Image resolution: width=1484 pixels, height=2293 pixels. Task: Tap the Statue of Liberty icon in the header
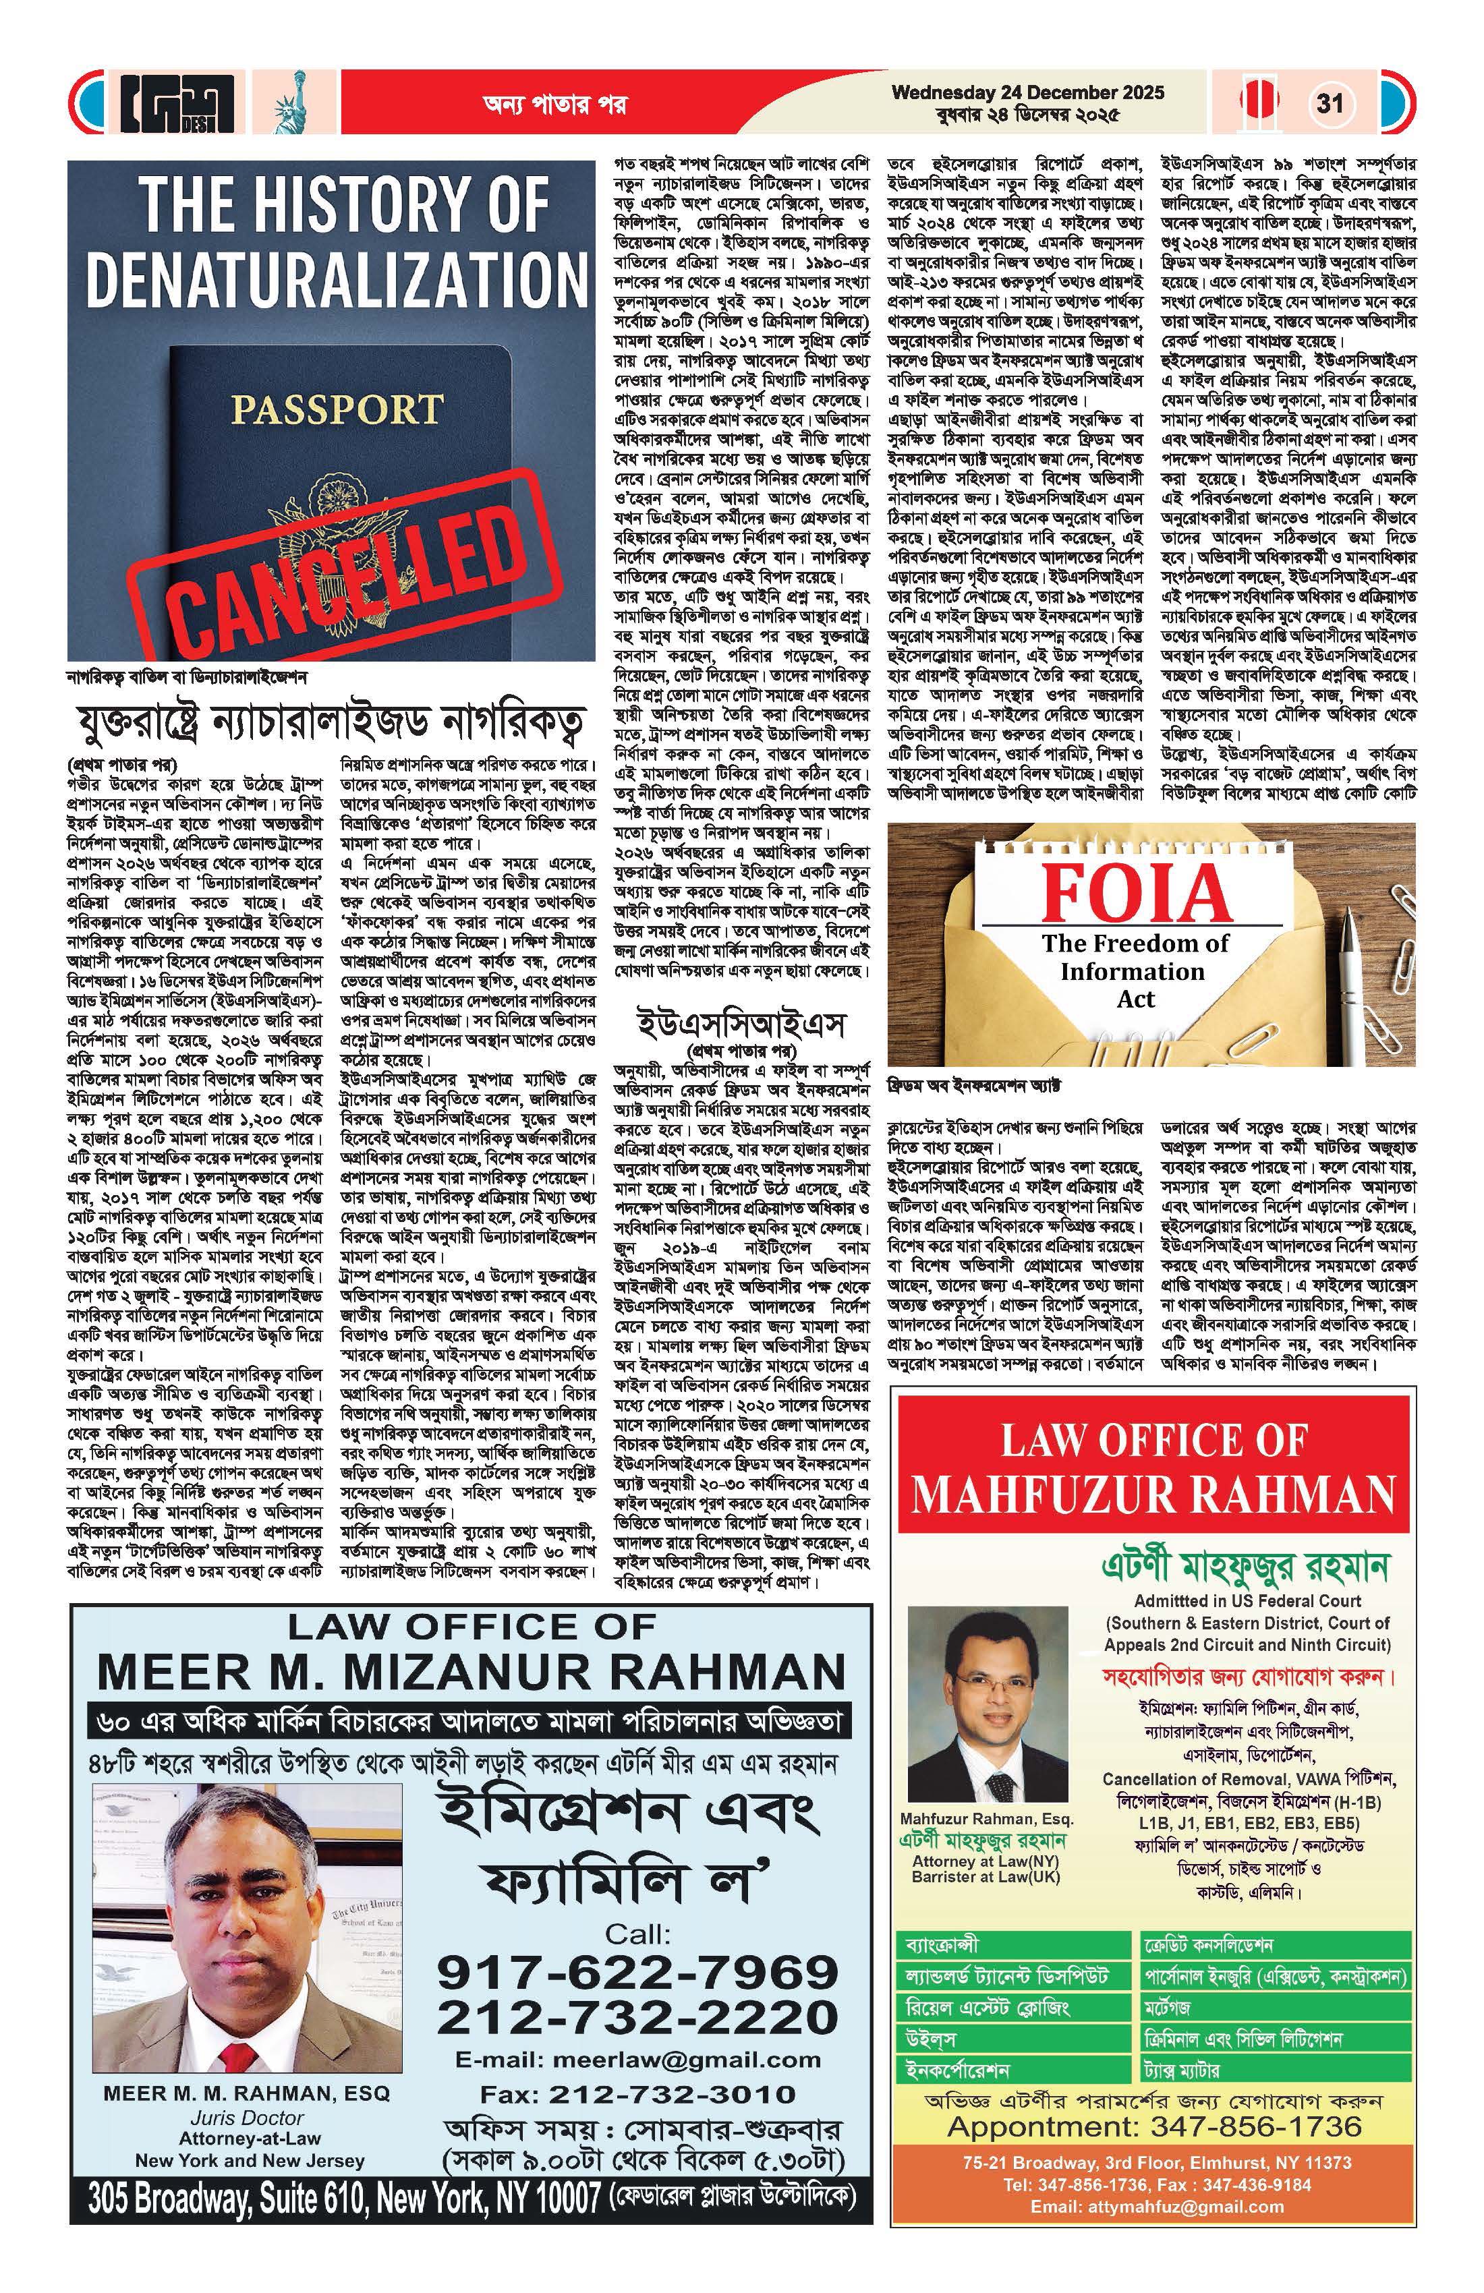click(x=286, y=103)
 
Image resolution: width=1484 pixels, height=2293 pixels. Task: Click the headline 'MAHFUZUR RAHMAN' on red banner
click(x=1153, y=1494)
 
